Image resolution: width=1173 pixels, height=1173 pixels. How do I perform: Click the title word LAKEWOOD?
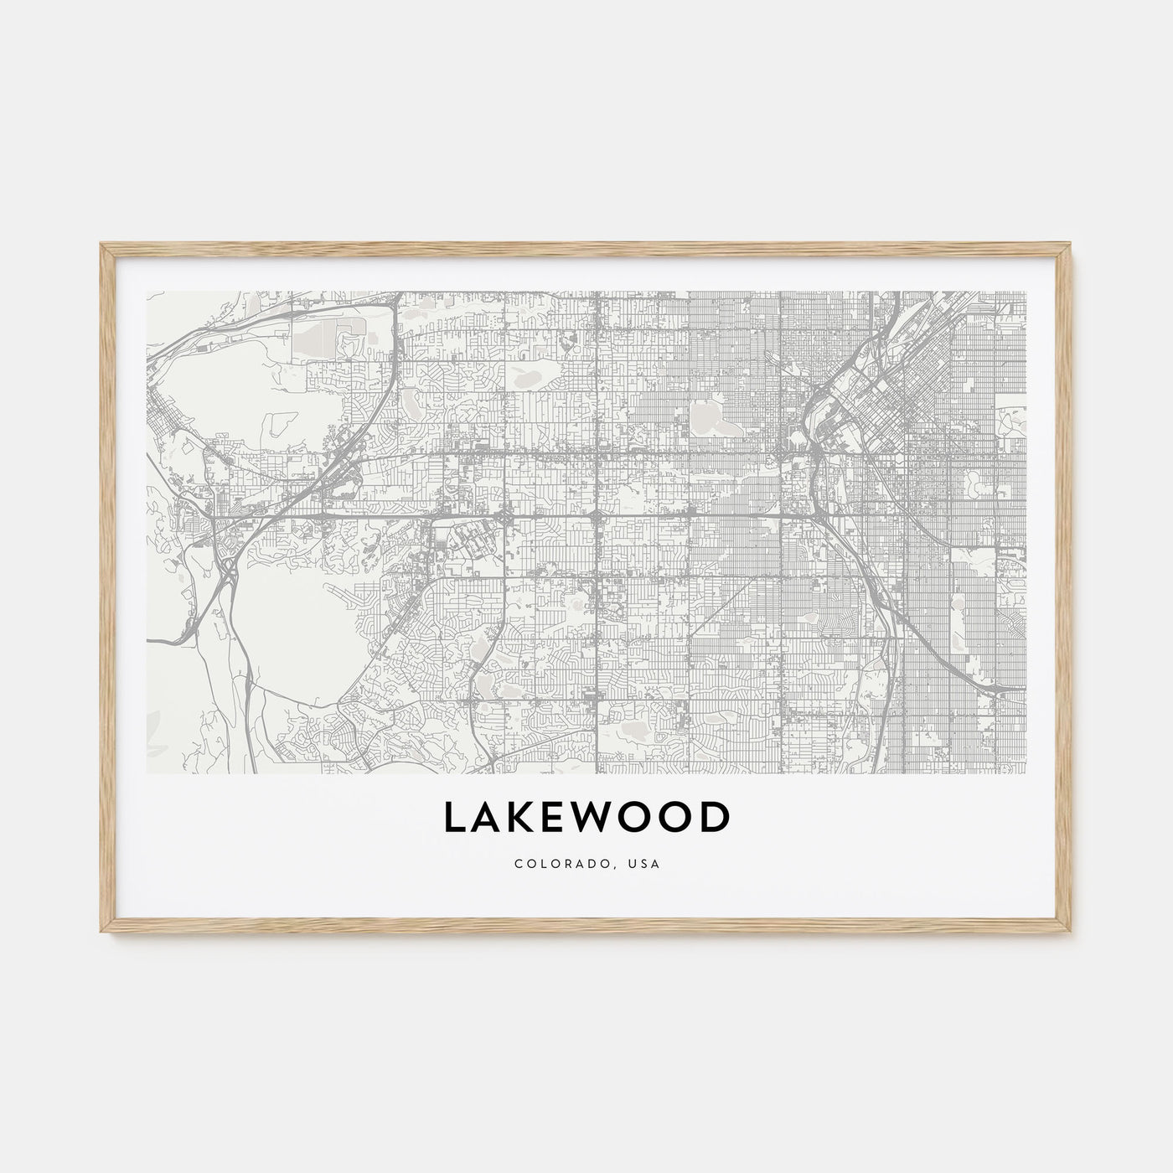pyautogui.click(x=586, y=819)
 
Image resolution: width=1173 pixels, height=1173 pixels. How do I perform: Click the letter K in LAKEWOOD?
pyautogui.click(x=526, y=819)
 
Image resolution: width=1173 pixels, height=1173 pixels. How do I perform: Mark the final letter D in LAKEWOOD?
pyautogui.click(x=713, y=819)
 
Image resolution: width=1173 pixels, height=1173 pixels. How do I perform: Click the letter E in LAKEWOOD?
pyautogui.click(x=561, y=819)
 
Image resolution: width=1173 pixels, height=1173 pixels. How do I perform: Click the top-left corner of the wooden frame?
pyautogui.click(x=102, y=245)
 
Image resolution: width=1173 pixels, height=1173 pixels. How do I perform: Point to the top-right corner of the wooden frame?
pyautogui.click(x=1071, y=245)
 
